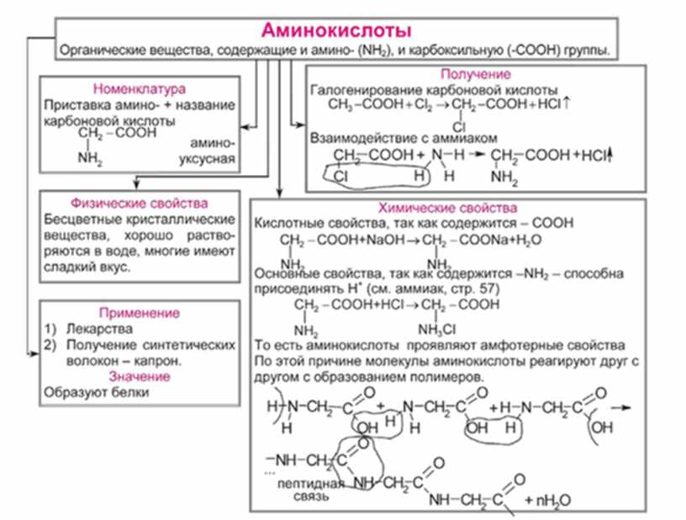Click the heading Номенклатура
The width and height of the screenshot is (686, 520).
click(139, 88)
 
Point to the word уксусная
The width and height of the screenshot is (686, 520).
click(204, 160)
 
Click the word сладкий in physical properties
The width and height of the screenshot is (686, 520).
click(71, 267)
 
